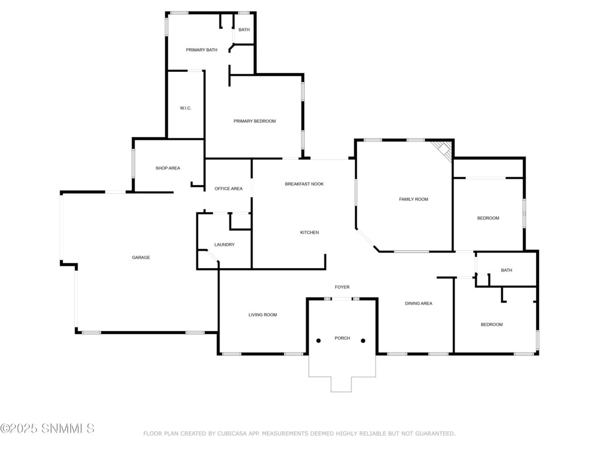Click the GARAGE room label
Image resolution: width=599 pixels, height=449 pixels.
point(141,258)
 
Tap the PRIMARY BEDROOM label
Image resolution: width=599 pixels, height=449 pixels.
point(255,121)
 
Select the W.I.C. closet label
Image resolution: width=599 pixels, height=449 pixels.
point(186,108)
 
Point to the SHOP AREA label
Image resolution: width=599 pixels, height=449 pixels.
point(168,168)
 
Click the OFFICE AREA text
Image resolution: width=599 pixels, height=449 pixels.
point(228,189)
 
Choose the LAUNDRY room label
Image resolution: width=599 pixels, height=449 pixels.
point(225,244)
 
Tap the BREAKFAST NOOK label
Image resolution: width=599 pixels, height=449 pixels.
point(304,184)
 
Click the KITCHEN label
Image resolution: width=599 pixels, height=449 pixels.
point(309,232)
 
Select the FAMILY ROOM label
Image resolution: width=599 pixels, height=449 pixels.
point(414,199)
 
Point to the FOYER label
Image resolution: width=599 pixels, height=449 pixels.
point(342,287)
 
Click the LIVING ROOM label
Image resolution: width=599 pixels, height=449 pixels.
point(263,315)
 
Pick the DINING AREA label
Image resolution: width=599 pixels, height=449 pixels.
point(419,304)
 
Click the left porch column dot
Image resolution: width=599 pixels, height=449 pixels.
point(319,341)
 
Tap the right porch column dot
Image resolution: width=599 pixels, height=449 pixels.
point(363,341)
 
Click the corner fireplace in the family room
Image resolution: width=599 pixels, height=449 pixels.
point(443,150)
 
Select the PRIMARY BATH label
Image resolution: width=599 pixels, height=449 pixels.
point(202,50)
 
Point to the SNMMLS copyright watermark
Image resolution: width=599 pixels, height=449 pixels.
point(47,428)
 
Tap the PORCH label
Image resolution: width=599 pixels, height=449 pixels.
point(342,338)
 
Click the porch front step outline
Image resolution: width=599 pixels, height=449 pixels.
point(341,392)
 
